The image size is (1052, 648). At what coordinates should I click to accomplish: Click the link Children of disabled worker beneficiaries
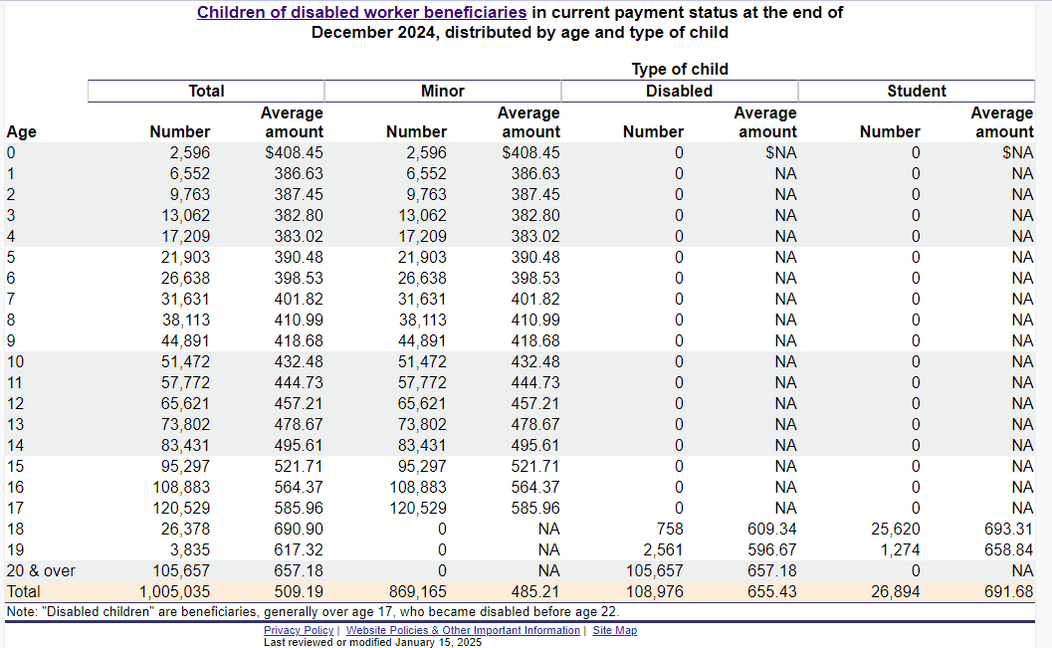pos(361,13)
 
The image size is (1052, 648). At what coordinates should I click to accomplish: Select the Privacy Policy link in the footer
pos(299,630)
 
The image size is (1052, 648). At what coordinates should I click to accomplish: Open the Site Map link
pos(614,630)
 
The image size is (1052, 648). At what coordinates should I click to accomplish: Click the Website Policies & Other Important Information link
pos(463,630)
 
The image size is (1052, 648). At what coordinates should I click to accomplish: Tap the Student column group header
pos(917,92)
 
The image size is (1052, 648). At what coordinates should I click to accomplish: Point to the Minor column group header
pos(443,92)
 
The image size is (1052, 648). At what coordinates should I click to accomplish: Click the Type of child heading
pos(680,69)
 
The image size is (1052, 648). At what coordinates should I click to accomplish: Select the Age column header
pos(22,132)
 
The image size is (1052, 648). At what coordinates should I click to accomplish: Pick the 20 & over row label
pos(41,571)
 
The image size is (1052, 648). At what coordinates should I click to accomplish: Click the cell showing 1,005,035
pos(174,591)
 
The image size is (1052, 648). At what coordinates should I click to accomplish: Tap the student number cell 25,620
pos(896,530)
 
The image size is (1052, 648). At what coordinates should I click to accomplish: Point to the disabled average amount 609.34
pos(771,530)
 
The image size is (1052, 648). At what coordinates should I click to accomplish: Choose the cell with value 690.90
pos(299,530)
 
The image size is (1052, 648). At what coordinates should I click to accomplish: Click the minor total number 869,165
pos(417,591)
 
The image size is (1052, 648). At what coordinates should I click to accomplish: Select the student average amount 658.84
pos(1008,550)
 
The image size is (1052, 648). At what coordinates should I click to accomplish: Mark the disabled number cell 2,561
pos(663,550)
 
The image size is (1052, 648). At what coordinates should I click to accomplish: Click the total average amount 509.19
pos(299,591)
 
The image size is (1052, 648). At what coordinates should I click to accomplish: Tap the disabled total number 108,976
pos(654,591)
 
